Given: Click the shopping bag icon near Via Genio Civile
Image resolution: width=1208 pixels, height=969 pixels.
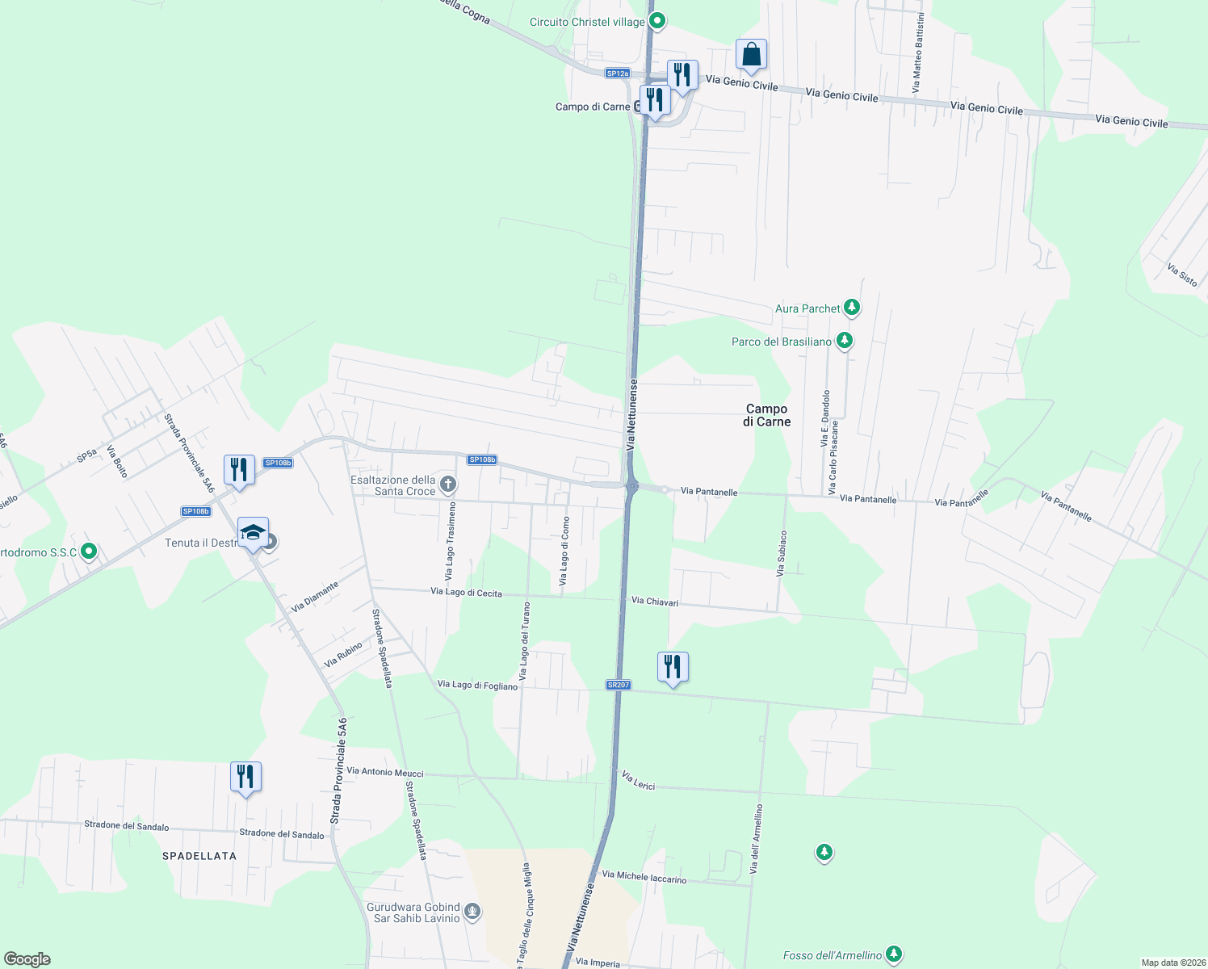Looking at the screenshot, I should (x=751, y=56).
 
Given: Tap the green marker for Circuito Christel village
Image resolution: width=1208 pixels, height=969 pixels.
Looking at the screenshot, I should (x=657, y=21).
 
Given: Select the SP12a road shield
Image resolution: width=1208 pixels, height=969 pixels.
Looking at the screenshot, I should (x=617, y=73).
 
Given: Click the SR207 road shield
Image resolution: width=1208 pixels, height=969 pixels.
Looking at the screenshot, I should (x=618, y=685).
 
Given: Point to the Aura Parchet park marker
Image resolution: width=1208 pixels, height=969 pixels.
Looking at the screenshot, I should (x=851, y=308).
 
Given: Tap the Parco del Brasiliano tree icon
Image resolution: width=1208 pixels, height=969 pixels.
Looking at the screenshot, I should (x=845, y=341).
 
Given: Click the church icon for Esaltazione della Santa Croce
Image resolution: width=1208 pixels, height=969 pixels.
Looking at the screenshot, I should (x=448, y=484).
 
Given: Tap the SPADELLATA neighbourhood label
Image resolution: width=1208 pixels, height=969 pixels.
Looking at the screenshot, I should (x=199, y=856).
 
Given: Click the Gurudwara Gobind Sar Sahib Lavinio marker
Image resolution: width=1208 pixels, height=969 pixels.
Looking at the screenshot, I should (x=472, y=912).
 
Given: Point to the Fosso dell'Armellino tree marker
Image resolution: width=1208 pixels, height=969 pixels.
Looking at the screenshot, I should (x=893, y=954).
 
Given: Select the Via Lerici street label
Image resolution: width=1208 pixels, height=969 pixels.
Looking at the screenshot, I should (x=639, y=780).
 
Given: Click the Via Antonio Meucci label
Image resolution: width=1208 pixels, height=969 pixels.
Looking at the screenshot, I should (x=385, y=772).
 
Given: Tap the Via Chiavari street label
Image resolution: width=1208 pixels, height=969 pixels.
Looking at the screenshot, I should (x=655, y=602).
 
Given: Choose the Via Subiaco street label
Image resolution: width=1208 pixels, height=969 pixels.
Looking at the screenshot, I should (x=781, y=553).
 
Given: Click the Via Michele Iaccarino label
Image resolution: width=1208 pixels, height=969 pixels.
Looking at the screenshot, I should (x=644, y=876).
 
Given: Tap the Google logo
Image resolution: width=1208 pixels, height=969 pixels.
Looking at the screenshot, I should (x=27, y=959).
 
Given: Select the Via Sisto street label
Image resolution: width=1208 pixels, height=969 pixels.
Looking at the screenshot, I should (x=1182, y=275).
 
